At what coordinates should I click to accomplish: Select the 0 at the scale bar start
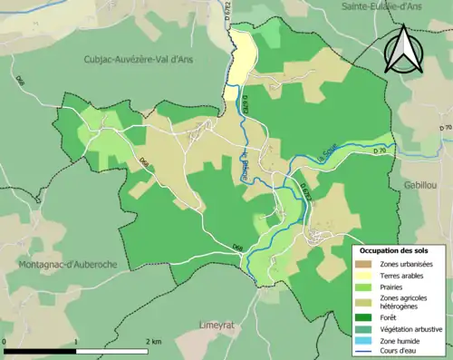pyautogui.click(x=5, y=341)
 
